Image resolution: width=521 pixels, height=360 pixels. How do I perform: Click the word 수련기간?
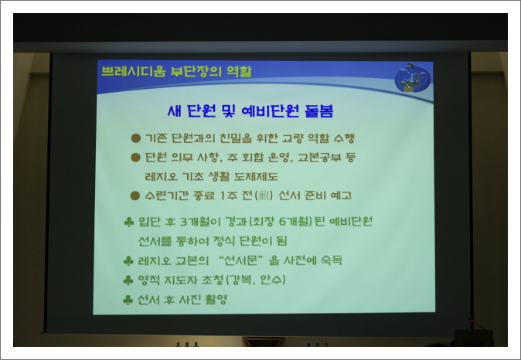click(x=169, y=195)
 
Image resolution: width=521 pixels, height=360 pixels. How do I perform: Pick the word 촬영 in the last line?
click(x=212, y=298)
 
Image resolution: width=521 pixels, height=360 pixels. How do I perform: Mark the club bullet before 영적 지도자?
click(x=128, y=279)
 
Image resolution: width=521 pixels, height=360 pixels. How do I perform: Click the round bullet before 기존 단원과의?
click(x=135, y=138)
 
